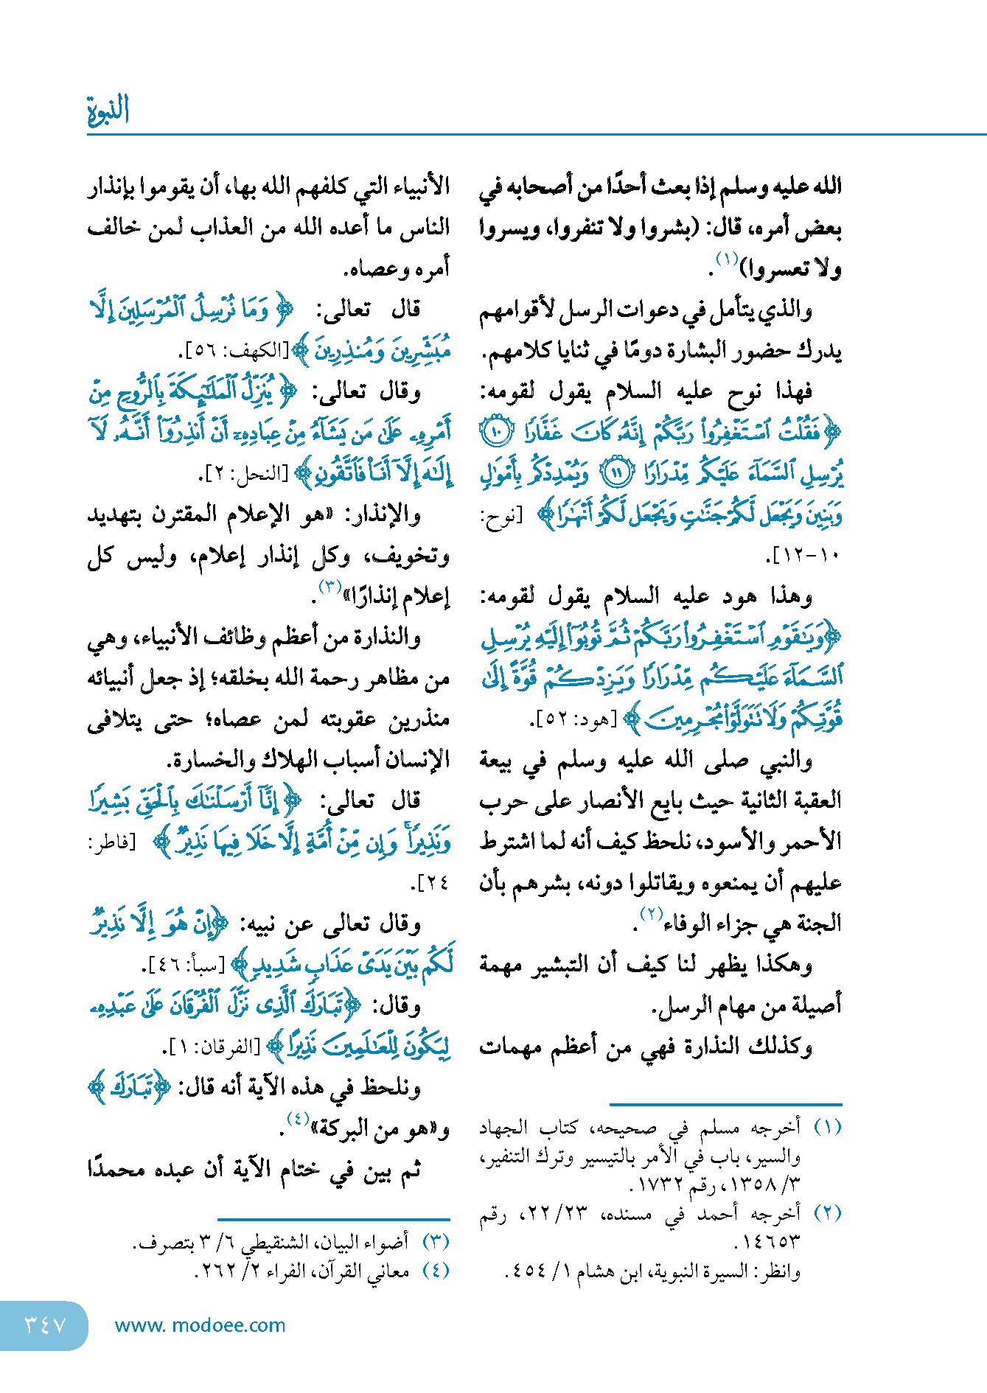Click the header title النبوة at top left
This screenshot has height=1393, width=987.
point(108,110)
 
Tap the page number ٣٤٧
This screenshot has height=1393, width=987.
point(45,1325)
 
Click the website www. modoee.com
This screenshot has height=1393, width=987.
point(200,1325)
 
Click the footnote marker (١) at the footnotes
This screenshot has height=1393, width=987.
point(827,1128)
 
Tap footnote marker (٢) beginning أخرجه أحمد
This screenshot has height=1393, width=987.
point(827,1213)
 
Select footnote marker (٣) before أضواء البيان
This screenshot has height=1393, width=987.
point(436,1242)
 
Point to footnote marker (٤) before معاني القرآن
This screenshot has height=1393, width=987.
point(436,1271)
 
